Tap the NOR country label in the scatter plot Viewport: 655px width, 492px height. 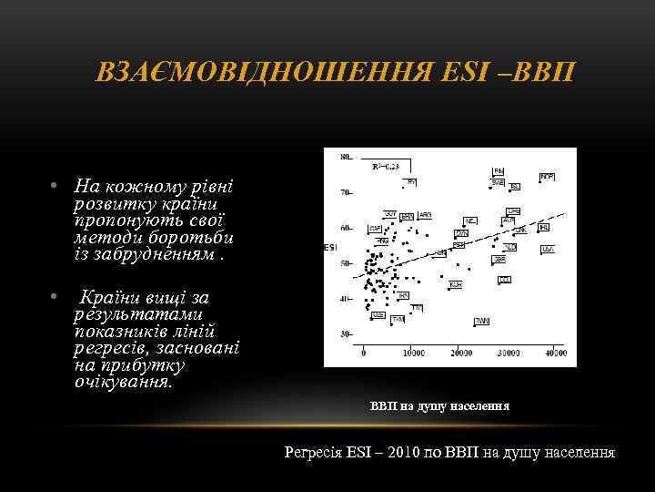pyautogui.click(x=548, y=175)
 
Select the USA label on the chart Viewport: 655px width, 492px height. pyautogui.click(x=548, y=249)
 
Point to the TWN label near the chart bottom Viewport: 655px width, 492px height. pyautogui.click(x=481, y=322)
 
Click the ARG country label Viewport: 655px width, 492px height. pyautogui.click(x=426, y=215)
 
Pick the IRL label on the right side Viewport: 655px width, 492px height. pyautogui.click(x=543, y=227)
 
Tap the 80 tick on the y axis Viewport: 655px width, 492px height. pyautogui.click(x=345, y=158)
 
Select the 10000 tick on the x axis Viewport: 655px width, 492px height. pyautogui.click(x=413, y=352)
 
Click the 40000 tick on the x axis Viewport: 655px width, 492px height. pyautogui.click(x=554, y=352)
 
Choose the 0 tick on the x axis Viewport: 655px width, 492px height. pyautogui.click(x=364, y=352)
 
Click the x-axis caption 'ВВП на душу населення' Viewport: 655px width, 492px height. pyautogui.click(x=439, y=405)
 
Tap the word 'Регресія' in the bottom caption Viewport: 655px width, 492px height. pyautogui.click(x=313, y=452)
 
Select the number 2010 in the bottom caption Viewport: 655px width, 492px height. pyautogui.click(x=398, y=452)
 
